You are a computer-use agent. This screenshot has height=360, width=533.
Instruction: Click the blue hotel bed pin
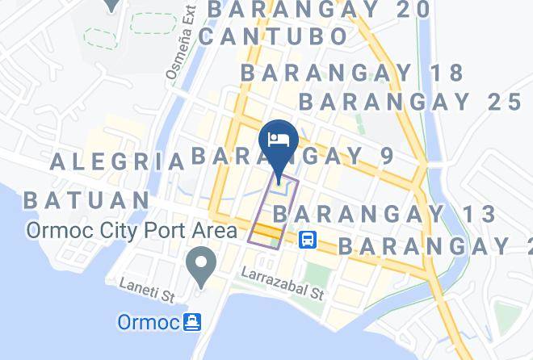(x=279, y=140)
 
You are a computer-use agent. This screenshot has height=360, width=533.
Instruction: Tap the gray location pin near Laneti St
(x=199, y=264)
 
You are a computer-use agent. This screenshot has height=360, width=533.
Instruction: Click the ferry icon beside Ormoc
(x=192, y=322)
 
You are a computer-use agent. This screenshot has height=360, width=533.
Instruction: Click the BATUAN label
(x=86, y=199)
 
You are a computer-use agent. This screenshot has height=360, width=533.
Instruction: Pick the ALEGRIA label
(x=118, y=161)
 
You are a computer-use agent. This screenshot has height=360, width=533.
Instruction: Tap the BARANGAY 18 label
(x=353, y=73)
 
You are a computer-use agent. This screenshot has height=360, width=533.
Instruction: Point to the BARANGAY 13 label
(x=384, y=214)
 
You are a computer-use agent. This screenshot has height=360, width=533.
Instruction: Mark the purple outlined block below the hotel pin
(x=273, y=211)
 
